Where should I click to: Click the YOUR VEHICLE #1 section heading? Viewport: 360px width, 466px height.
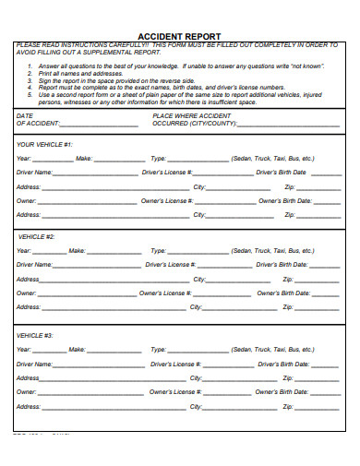click(44, 144)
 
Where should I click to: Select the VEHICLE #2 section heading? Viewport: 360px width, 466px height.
click(37, 236)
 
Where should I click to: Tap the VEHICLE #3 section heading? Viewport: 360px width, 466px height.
click(37, 336)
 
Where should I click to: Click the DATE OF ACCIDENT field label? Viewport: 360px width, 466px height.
click(35, 119)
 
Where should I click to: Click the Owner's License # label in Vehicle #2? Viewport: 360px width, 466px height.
click(164, 293)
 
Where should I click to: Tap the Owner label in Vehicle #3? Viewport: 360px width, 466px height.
click(26, 392)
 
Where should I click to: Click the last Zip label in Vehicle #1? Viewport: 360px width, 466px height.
click(290, 215)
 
